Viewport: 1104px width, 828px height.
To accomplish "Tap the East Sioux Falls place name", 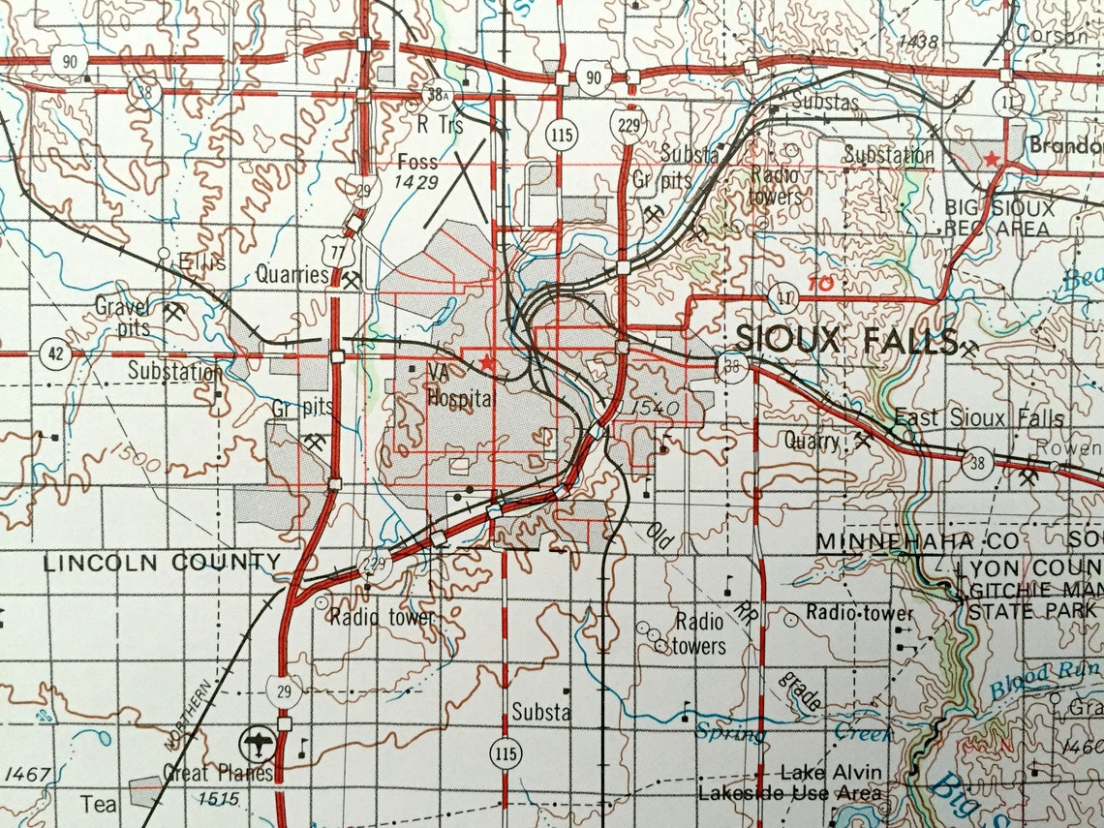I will coord(978,418).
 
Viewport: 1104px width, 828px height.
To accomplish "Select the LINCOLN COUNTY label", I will coord(162,562).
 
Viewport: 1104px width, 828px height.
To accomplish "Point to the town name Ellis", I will coord(202,262).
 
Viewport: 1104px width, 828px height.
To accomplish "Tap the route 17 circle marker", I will coord(782,296).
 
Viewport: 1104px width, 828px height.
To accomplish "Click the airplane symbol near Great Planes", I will coord(258,744).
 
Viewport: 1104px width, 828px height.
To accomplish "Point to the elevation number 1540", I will coord(655,410).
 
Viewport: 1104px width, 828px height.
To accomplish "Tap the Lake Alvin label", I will coord(832,772).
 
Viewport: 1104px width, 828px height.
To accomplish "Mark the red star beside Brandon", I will coord(992,158).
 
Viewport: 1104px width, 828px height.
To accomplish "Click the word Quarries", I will coord(292,275).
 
